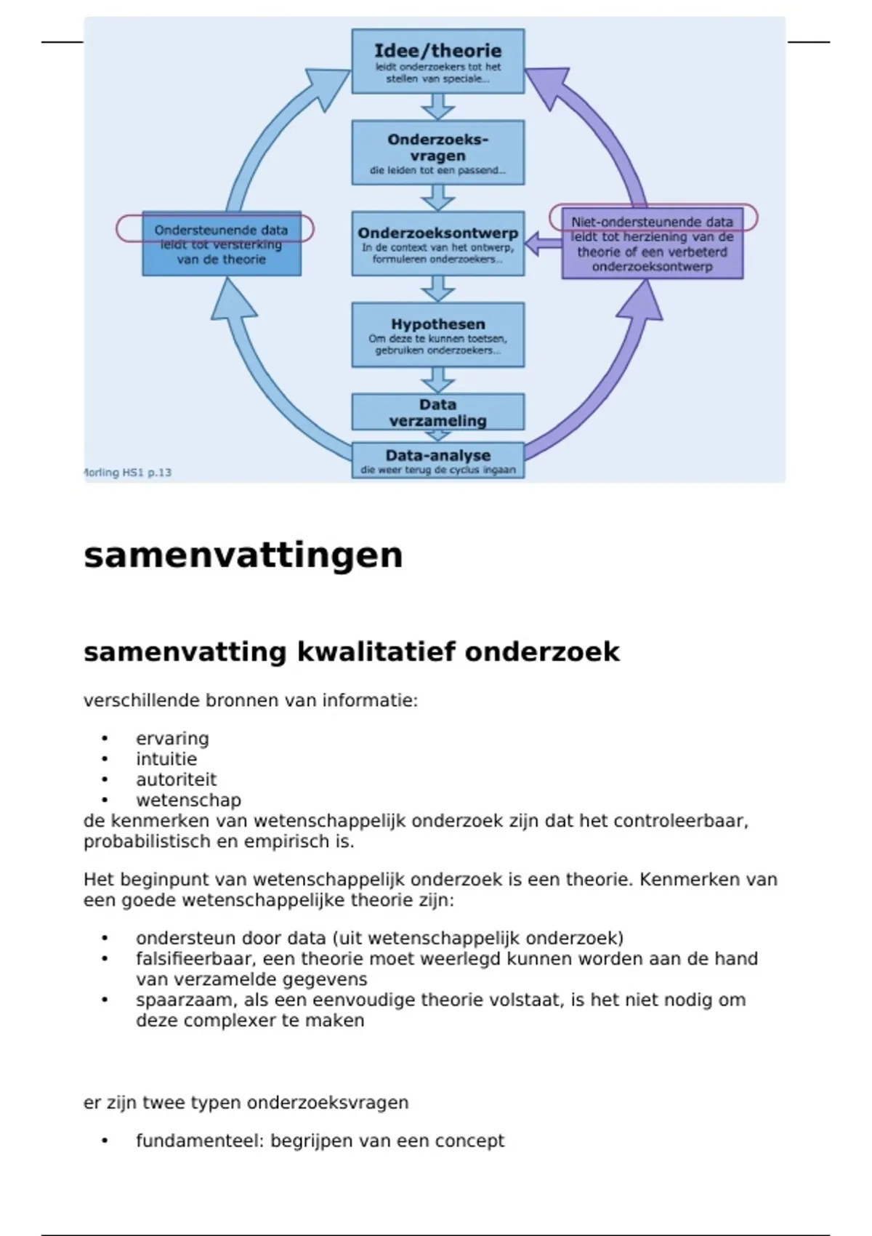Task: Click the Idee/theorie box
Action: [x=437, y=61]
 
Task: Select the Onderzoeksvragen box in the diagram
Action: [x=437, y=153]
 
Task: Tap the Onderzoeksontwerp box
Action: [x=437, y=244]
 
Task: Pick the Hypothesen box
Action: [x=437, y=334]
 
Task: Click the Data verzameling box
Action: [x=437, y=412]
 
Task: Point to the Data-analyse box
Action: [x=437, y=460]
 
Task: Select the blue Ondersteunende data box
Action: [x=221, y=244]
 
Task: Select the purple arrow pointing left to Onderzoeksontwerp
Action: [x=541, y=244]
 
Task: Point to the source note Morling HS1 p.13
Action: [x=128, y=473]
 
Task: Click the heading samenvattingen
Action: [x=243, y=555]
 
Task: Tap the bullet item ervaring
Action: [x=172, y=739]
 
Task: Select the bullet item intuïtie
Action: [x=166, y=759]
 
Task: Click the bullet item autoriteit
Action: [x=176, y=779]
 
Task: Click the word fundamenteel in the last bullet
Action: [x=200, y=1141]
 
